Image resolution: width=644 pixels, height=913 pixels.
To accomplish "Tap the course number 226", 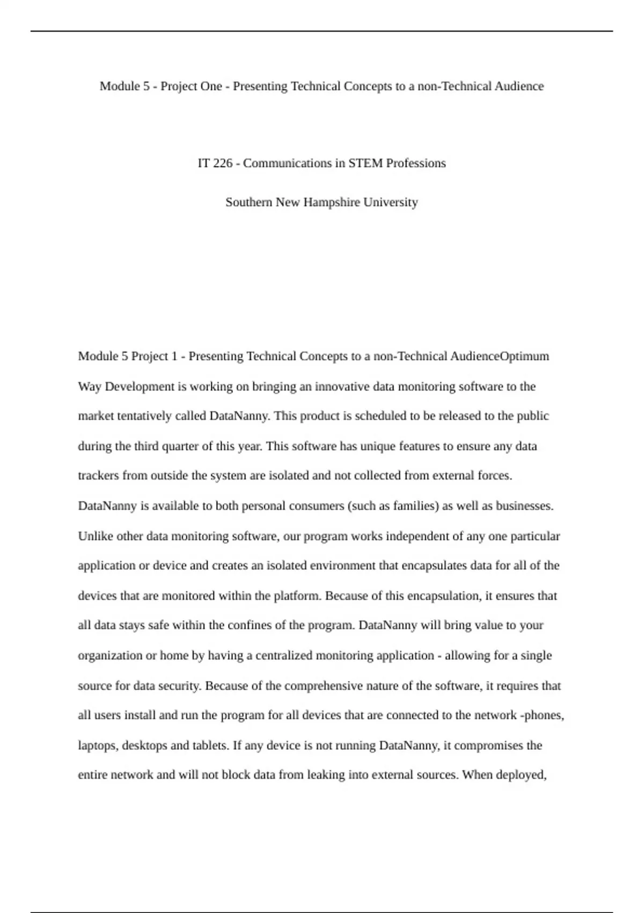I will (x=222, y=163).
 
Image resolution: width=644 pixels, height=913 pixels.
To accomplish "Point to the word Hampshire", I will (x=332, y=202).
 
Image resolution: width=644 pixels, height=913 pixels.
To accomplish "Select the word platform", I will (x=298, y=596).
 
